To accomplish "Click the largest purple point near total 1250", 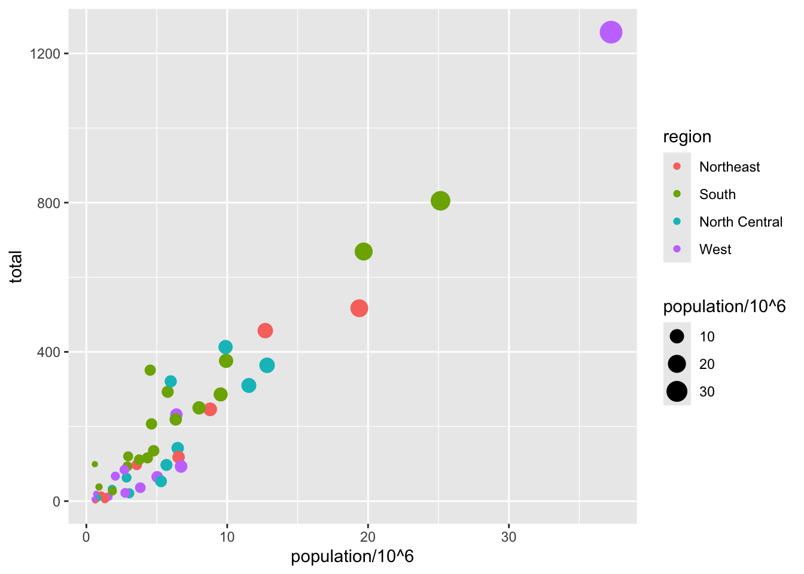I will click(x=611, y=32).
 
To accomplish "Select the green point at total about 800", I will click(x=440, y=201).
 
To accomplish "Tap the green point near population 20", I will click(x=364, y=252).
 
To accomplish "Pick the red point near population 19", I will click(x=359, y=309).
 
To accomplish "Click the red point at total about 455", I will click(x=265, y=331).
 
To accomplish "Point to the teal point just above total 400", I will click(x=226, y=347).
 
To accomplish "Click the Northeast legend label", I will click(x=729, y=167).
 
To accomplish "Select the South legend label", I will click(x=717, y=194).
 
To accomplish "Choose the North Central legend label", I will click(x=741, y=222).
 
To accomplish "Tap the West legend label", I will click(x=715, y=249).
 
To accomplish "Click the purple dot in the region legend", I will click(x=677, y=249).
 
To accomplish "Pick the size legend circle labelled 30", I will click(x=677, y=392).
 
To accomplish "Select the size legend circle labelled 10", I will click(x=677, y=337).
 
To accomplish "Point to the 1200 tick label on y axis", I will click(x=45, y=54).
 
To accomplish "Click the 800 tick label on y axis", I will click(x=48, y=203).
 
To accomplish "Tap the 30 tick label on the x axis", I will click(x=508, y=537).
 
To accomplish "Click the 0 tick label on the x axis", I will click(x=87, y=537).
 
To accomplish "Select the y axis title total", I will click(x=16, y=267).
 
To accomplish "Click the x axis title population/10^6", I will click(x=352, y=557).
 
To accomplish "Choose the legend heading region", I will click(x=687, y=137).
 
